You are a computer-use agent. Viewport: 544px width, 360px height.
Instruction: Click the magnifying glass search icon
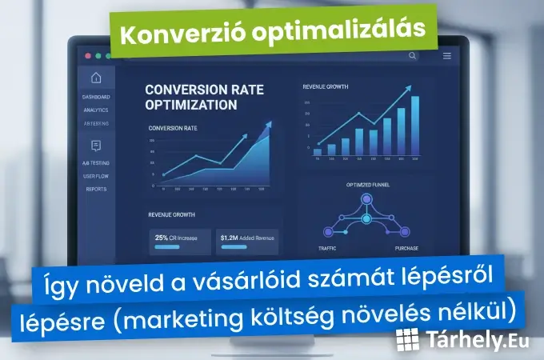tap(412, 56)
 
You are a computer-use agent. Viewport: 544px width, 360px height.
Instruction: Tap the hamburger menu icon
tap(446, 56)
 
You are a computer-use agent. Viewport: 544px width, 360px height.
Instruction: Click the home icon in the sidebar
tap(96, 78)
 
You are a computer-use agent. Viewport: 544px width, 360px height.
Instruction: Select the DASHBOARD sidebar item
tap(96, 98)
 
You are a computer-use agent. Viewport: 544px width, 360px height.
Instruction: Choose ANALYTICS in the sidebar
tap(96, 110)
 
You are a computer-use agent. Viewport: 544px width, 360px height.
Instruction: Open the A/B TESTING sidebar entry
tap(96, 163)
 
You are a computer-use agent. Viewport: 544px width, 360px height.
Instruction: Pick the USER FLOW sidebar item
tap(96, 176)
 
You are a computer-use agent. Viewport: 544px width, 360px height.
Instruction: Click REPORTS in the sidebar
tap(96, 189)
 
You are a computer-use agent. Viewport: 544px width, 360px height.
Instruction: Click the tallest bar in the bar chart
tap(414, 125)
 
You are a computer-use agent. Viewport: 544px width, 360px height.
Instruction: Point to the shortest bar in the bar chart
tap(318, 150)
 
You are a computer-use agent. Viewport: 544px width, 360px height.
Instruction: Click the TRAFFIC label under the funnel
tap(326, 249)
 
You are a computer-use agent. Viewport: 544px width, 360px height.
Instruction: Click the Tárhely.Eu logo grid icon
tap(408, 341)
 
